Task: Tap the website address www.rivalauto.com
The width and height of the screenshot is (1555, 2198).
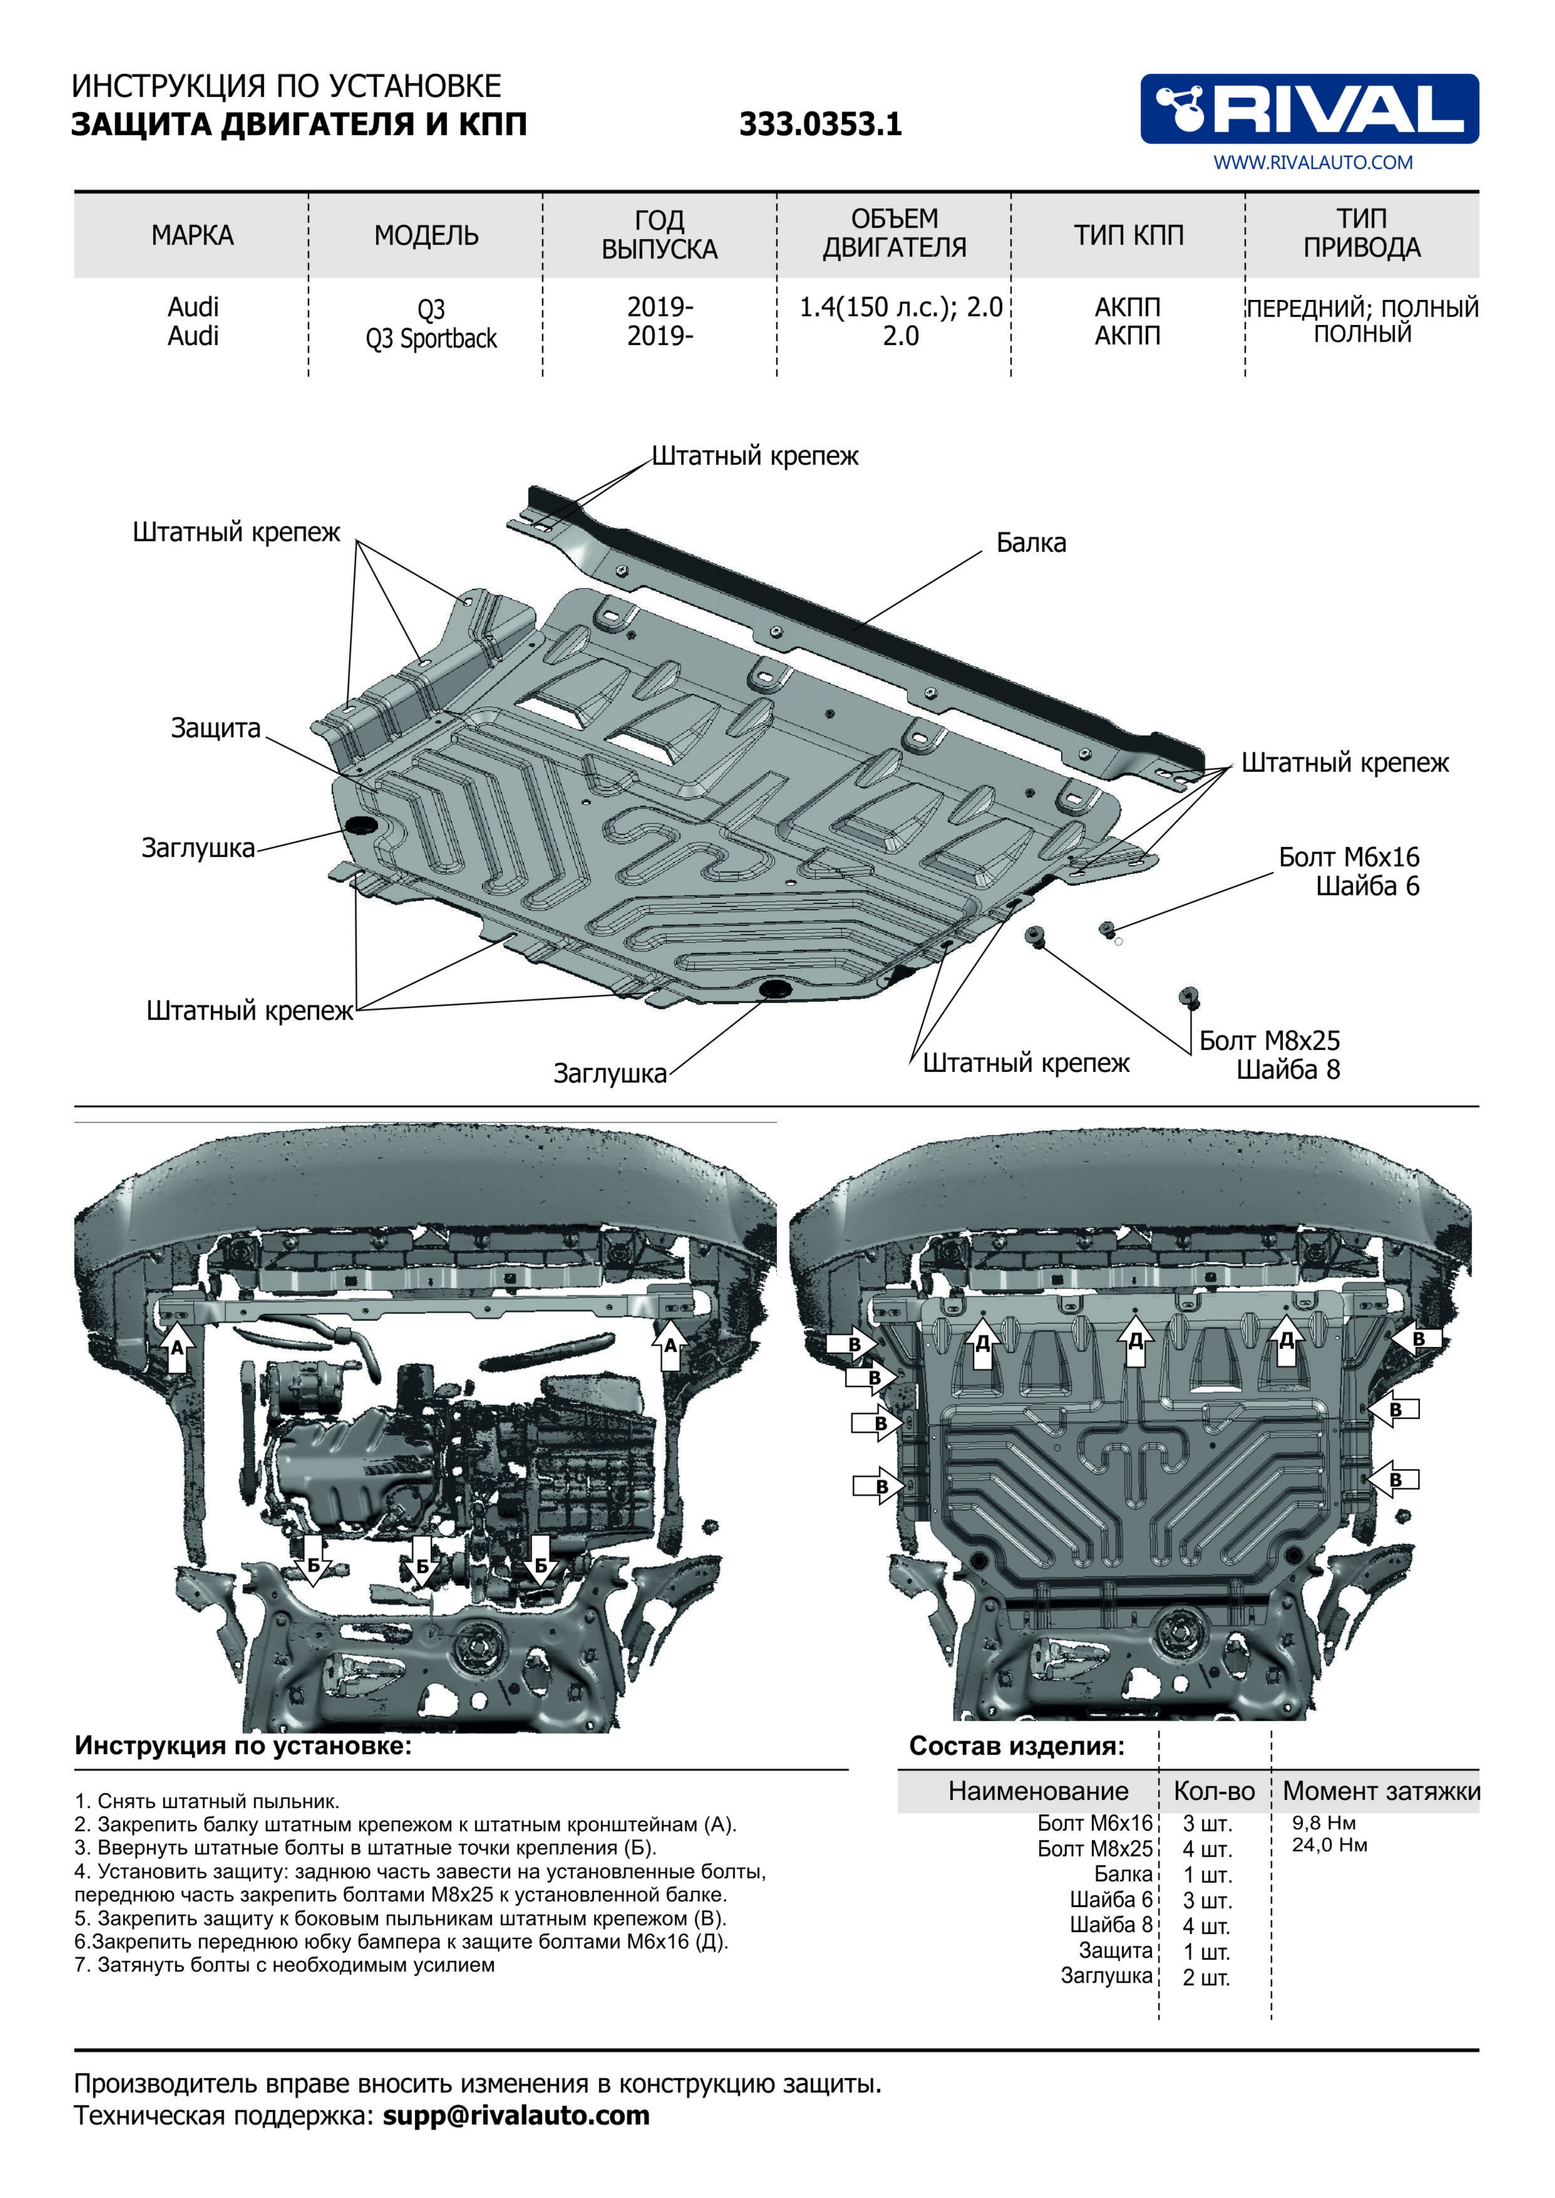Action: (1313, 163)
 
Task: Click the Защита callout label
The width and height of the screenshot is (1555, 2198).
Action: (216, 728)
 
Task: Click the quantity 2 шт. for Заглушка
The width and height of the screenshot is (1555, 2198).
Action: (1205, 1978)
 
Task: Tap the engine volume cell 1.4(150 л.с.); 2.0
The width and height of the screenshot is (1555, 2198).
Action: (900, 307)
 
